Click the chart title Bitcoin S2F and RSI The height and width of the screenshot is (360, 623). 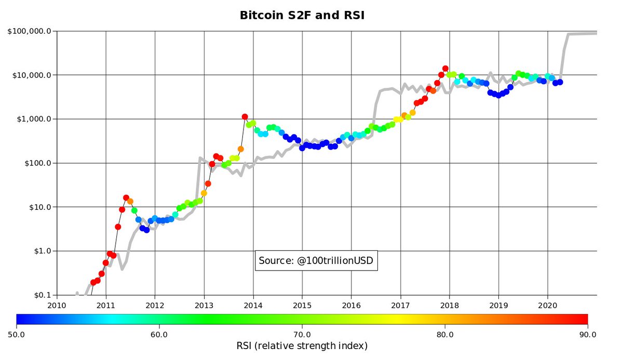point(302,15)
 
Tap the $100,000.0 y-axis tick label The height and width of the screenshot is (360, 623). point(30,31)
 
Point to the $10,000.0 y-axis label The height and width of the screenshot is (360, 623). point(31,75)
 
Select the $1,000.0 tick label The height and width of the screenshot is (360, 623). point(33,119)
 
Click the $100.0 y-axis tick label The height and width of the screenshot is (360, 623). point(36,163)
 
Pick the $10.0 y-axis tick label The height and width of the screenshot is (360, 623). point(38,207)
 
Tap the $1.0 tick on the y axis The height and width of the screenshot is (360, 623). point(40,251)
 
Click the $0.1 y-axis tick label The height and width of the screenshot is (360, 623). point(40,295)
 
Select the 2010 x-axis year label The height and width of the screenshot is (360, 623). point(57,305)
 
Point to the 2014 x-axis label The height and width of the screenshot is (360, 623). point(253,305)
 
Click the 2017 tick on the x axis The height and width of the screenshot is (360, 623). point(400,305)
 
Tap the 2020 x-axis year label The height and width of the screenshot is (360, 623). point(548,305)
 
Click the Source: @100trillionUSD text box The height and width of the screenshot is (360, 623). point(316,260)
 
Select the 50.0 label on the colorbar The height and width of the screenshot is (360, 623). point(17,334)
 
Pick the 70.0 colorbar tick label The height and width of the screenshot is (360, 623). point(302,334)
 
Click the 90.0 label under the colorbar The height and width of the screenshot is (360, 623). point(588,334)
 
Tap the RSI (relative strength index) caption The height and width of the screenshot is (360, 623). point(302,346)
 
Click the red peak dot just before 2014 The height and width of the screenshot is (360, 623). point(245,117)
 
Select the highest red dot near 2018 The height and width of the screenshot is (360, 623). point(445,68)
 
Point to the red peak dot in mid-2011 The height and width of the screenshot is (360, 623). point(126,197)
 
